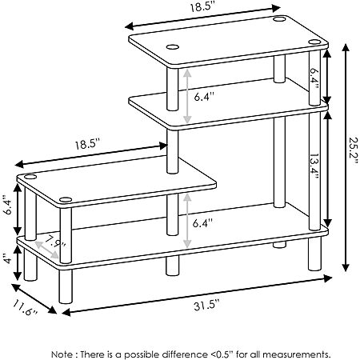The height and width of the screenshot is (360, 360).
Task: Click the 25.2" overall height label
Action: [x=354, y=151]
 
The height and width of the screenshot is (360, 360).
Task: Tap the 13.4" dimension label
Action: [x=314, y=166]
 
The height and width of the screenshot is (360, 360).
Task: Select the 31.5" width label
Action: [x=206, y=304]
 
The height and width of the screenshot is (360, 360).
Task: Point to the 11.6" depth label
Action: [x=26, y=307]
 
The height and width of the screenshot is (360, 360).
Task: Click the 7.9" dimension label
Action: [x=55, y=242]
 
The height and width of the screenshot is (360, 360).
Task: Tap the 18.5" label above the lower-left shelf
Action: [x=87, y=145]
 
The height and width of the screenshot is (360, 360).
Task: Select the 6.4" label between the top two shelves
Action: [x=204, y=97]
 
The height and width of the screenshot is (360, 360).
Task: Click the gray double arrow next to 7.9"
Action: [x=47, y=250]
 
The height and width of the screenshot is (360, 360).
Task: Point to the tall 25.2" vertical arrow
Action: [x=346, y=158]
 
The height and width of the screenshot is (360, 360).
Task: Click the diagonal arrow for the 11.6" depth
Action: [x=34, y=298]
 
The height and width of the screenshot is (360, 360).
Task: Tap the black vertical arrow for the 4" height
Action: [x=18, y=263]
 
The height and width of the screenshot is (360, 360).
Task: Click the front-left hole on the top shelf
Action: [x=173, y=47]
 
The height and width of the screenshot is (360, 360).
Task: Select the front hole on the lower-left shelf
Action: [x=66, y=199]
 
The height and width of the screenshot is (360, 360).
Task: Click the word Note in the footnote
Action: [x=62, y=354]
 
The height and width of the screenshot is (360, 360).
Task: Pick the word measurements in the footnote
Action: [x=297, y=354]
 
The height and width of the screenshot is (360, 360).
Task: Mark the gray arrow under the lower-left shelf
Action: [x=187, y=221]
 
